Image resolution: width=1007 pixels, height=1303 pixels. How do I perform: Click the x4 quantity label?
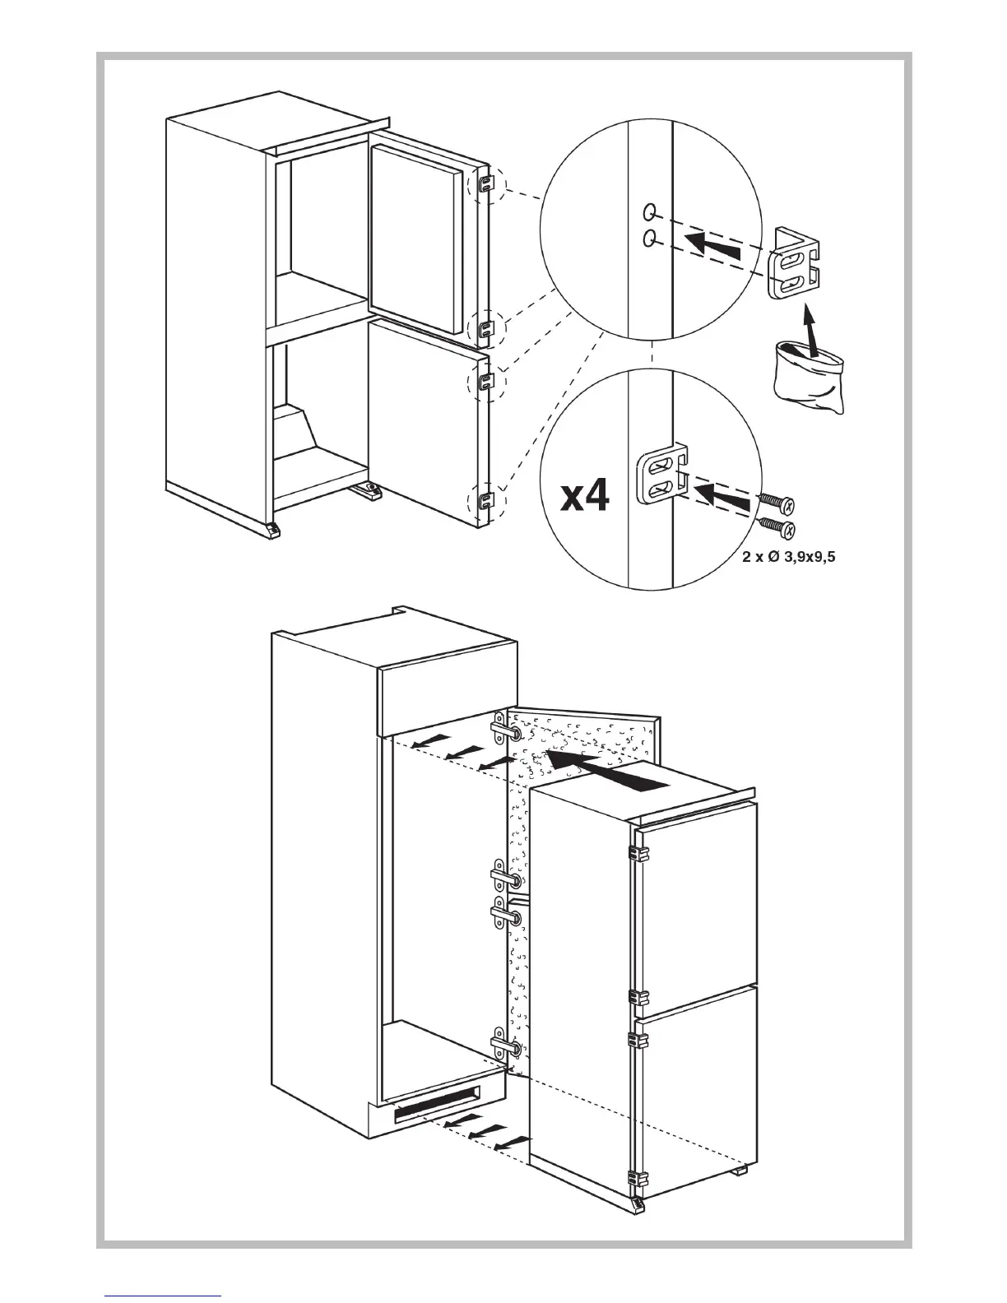(585, 495)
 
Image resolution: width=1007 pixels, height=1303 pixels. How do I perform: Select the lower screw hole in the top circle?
(650, 238)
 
